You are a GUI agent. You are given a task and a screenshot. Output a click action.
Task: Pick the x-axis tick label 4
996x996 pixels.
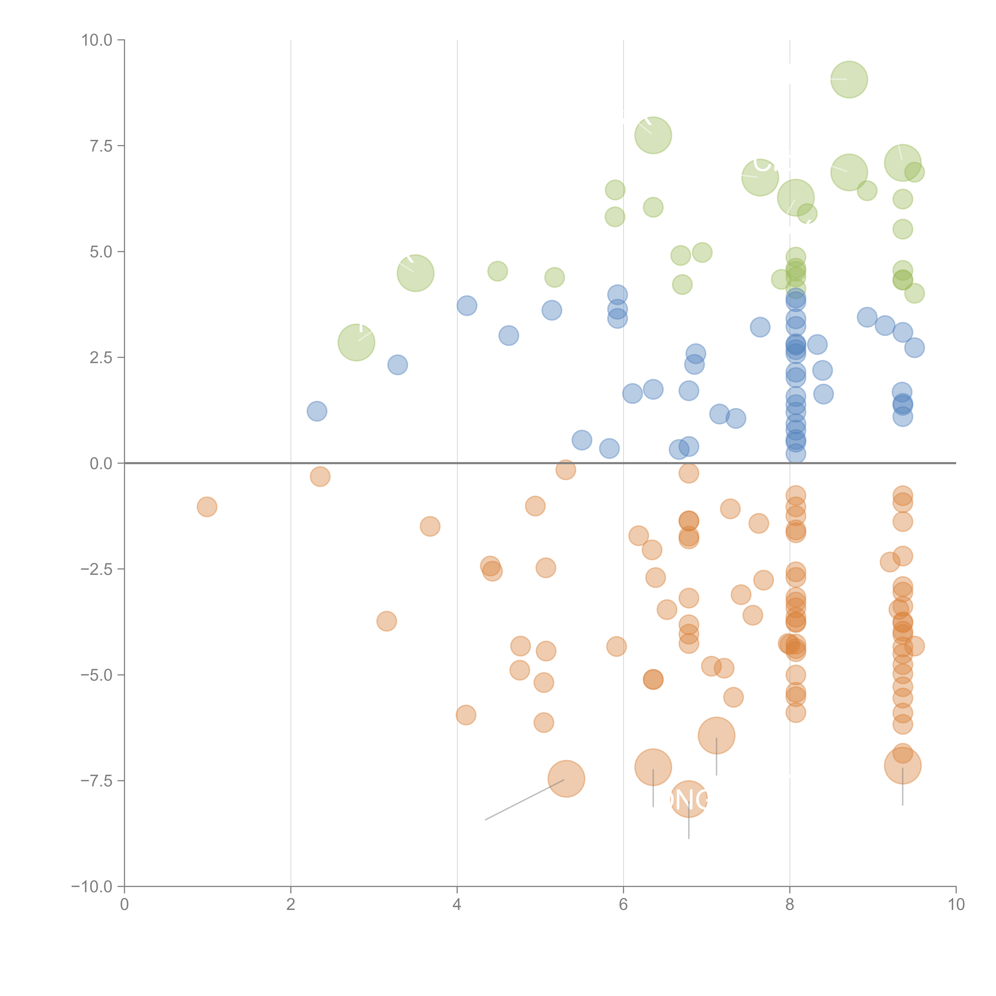tap(457, 905)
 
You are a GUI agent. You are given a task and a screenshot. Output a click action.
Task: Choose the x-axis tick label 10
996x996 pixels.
tap(956, 905)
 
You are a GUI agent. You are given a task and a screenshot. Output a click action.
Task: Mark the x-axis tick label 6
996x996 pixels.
tap(623, 905)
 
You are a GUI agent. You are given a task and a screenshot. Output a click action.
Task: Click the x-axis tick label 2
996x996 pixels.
tap(291, 905)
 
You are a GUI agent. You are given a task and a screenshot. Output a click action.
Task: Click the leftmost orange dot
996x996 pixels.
tap(207, 507)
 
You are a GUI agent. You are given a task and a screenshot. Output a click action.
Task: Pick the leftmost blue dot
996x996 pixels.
tap(317, 411)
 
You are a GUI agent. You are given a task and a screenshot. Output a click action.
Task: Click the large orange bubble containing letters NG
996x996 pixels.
tap(689, 800)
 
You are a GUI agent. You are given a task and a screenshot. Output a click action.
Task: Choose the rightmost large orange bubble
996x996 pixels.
tap(902, 766)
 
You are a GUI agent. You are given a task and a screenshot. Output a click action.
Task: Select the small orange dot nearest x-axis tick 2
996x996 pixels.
tap(320, 476)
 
